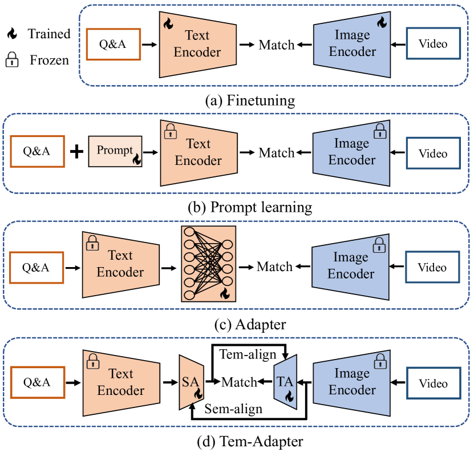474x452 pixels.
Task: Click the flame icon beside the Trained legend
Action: pos(11,34)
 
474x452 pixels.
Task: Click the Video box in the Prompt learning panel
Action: pos(433,154)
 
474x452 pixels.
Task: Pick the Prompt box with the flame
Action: pos(115,151)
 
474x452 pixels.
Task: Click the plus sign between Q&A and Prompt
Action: pos(75,152)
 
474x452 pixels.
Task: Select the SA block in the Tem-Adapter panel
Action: pos(189,382)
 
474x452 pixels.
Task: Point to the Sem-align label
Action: pos(233,409)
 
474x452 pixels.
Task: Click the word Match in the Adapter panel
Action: pos(274,267)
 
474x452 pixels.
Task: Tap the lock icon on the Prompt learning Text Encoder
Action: pos(170,133)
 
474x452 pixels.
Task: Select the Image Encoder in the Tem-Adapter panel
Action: pos(353,382)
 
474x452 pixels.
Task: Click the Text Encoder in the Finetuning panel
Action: pos(197,43)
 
